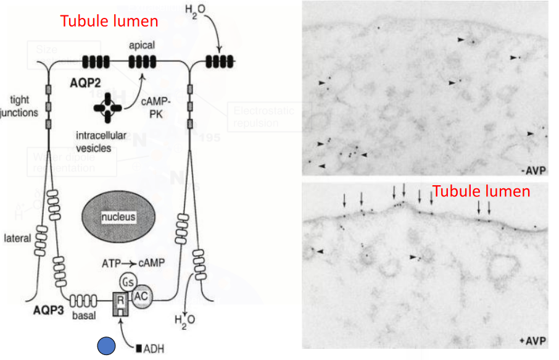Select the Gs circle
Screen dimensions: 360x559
[x=128, y=281]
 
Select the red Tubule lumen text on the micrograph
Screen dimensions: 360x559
[x=481, y=191]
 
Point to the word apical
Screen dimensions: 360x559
[x=143, y=45]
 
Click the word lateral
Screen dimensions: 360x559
[x=17, y=238]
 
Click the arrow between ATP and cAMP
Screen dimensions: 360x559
[x=126, y=262]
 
